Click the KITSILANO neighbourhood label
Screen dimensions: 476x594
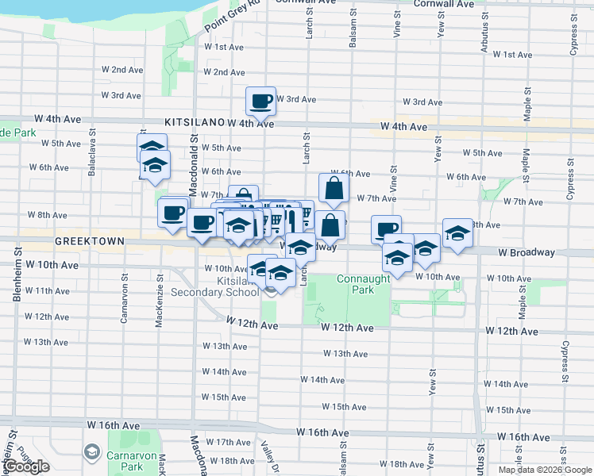coord(195,124)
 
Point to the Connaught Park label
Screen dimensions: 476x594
coord(363,284)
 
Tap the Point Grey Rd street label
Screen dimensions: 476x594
coord(232,17)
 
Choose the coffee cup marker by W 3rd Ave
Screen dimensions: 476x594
coord(260,100)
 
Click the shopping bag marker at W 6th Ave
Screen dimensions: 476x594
coord(334,187)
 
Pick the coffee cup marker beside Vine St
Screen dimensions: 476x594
coord(386,229)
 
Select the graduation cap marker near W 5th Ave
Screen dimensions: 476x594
coord(152,148)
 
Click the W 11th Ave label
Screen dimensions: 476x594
coord(48,291)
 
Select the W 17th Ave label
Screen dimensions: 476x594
coord(233,442)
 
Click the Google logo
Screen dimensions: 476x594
coord(28,466)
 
